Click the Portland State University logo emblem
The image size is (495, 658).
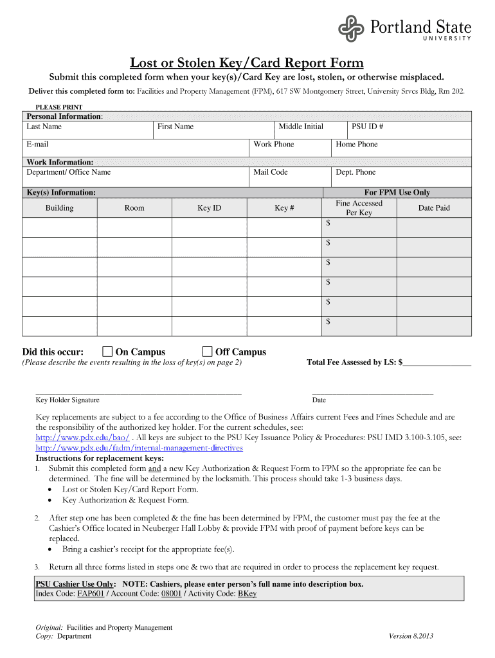point(352,27)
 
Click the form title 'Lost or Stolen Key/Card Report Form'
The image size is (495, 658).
point(247,62)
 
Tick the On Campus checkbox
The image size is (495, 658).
point(108,351)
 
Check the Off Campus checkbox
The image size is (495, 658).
point(207,351)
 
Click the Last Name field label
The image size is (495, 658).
point(44,127)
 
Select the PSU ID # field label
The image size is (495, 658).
point(368,127)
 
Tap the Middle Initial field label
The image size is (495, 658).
point(301,127)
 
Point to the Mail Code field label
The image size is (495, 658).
point(271,172)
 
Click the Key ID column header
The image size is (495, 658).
point(209,208)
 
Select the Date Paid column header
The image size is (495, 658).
point(434,208)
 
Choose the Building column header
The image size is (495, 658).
point(59,208)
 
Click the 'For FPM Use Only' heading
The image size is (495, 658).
point(397,193)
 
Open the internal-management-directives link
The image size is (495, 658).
point(139,448)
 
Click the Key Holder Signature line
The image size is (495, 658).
point(138,391)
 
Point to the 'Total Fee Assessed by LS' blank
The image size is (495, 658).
point(437,363)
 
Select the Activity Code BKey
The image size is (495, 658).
point(247,594)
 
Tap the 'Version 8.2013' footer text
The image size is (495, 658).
point(411,636)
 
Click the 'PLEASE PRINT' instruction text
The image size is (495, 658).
point(59,107)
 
